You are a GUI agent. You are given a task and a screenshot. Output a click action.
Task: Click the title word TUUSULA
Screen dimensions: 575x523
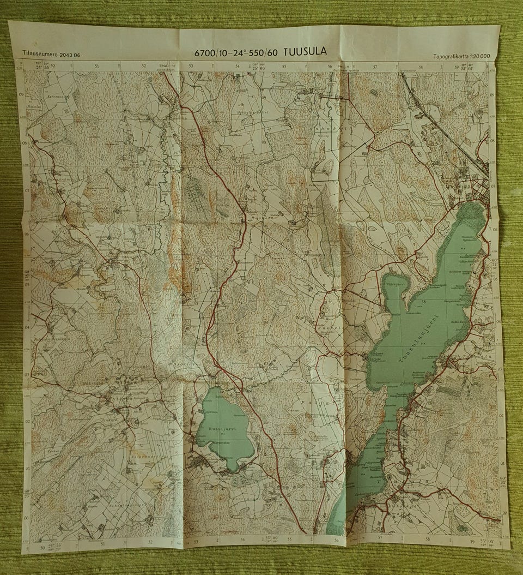[x=305, y=52]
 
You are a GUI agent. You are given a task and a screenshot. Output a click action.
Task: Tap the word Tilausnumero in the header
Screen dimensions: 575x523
[x=40, y=55]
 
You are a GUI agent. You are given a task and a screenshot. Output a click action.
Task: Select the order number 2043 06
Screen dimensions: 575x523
[x=70, y=55]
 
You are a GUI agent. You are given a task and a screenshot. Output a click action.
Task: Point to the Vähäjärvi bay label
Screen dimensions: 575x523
[x=395, y=284]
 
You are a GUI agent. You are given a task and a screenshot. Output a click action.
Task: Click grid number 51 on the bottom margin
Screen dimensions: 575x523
[x=104, y=543]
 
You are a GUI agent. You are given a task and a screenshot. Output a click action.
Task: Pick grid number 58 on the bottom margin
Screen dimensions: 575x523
[x=428, y=540]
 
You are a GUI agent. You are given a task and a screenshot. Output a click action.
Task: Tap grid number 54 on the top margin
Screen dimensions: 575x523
[x=238, y=67]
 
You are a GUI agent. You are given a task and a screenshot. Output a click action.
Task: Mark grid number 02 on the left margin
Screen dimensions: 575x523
[x=27, y=421]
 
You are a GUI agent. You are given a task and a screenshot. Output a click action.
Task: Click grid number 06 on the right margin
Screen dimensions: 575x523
[x=494, y=230]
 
